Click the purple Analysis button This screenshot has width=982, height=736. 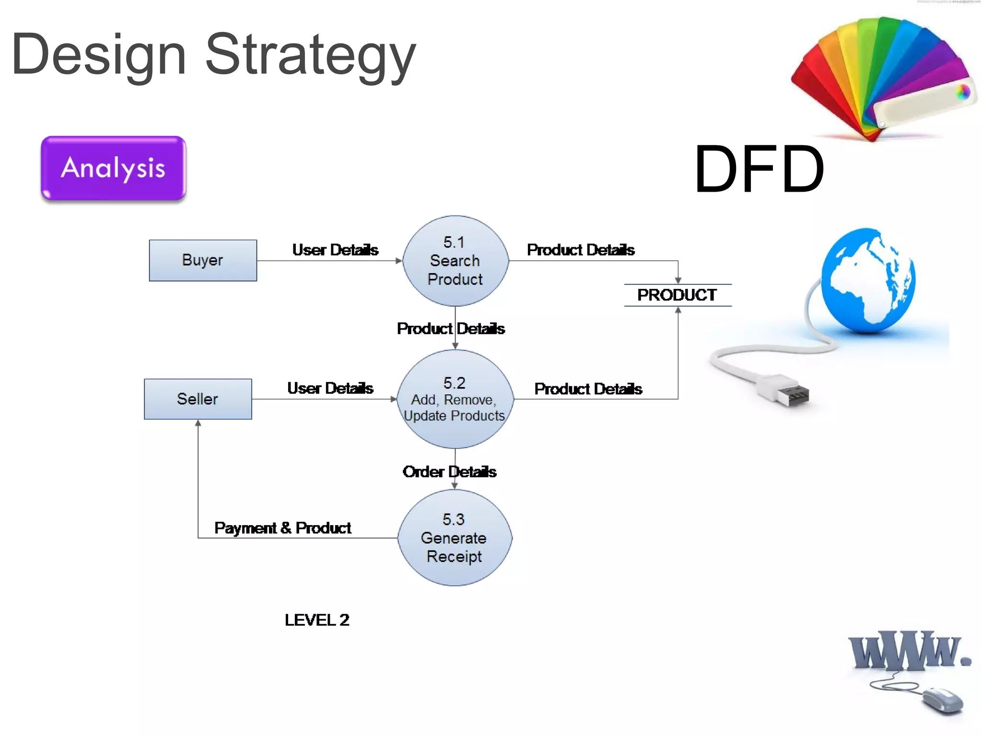(x=113, y=168)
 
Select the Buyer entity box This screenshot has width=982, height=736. (x=203, y=260)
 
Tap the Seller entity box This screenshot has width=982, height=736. (x=198, y=399)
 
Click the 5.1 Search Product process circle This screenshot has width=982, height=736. (x=455, y=261)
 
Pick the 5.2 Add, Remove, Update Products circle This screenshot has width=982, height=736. (x=455, y=399)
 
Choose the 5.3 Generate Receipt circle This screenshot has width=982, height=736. (x=455, y=538)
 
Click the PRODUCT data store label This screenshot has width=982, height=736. (x=677, y=295)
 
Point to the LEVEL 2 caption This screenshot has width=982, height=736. (x=316, y=620)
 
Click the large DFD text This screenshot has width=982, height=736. (x=759, y=169)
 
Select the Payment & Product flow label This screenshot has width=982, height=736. (x=282, y=528)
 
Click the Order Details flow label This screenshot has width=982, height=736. (x=449, y=472)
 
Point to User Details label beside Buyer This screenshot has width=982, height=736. (x=335, y=250)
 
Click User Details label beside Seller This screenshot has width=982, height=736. (x=330, y=388)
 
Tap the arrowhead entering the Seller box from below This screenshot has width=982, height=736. (x=198, y=423)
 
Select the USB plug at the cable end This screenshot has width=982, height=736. (x=786, y=391)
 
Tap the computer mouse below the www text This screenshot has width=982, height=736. (x=942, y=700)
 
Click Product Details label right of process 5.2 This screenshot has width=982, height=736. (x=588, y=389)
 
